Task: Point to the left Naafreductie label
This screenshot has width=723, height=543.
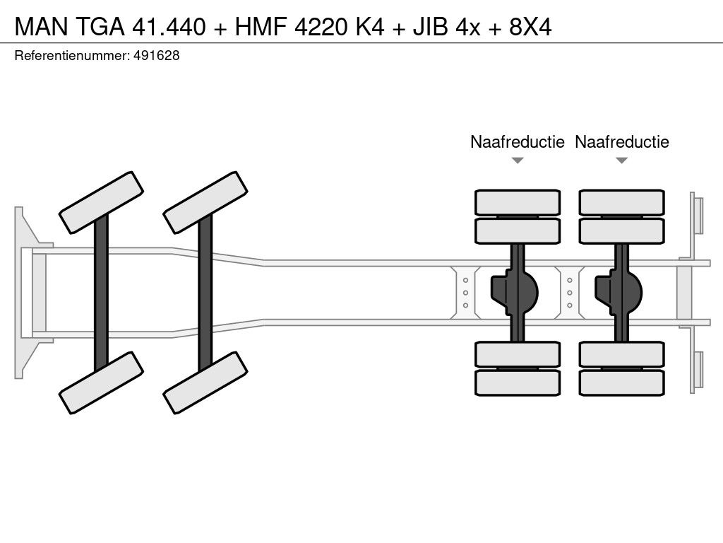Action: [x=518, y=141]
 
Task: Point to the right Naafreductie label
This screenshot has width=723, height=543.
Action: [x=621, y=141]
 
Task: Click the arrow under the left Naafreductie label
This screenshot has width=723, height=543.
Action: [x=518, y=160]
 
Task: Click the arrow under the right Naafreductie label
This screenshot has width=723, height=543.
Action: [x=621, y=160]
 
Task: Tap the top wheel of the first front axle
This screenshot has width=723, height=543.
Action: [x=101, y=202]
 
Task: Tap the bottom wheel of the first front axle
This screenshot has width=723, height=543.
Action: [x=101, y=383]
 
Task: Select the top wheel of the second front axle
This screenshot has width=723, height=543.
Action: [x=205, y=202]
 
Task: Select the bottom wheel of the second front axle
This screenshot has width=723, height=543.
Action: [x=205, y=383]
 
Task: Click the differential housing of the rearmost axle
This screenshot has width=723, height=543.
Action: [x=621, y=292]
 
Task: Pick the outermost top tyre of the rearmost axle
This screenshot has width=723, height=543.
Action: [x=621, y=202]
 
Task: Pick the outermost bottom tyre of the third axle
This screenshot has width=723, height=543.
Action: [x=518, y=383]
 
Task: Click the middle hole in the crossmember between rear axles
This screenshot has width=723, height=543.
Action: [x=569, y=293]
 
